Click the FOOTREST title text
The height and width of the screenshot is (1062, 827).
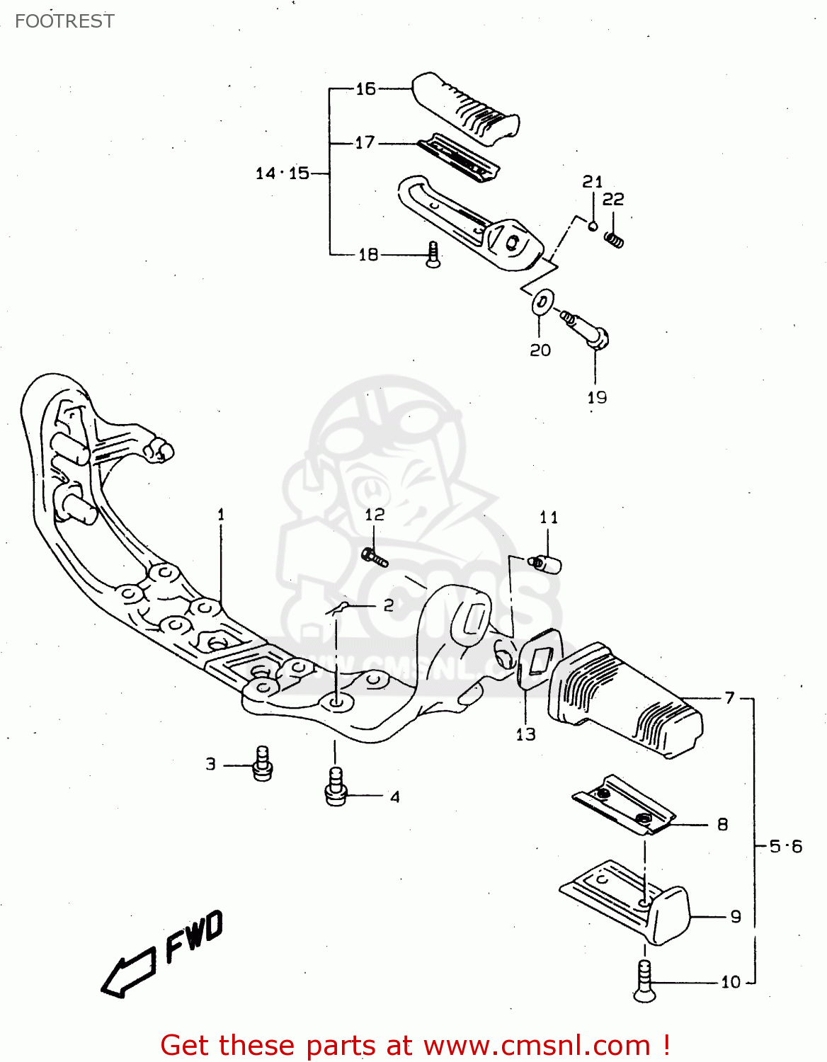click(64, 21)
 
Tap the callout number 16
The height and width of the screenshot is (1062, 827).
click(365, 89)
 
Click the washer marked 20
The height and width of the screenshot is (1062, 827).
click(542, 302)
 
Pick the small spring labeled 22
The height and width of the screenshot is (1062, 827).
click(614, 240)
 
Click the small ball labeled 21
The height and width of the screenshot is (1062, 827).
click(593, 226)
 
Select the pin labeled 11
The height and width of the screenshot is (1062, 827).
click(547, 564)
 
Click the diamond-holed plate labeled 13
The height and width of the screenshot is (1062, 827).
click(539, 660)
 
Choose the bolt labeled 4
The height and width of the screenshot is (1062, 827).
click(335, 787)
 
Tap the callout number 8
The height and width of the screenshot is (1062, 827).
click(722, 824)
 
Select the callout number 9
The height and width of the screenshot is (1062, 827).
click(736, 917)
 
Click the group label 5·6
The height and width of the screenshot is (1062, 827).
click(786, 846)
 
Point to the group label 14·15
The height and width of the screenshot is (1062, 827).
click(283, 173)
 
